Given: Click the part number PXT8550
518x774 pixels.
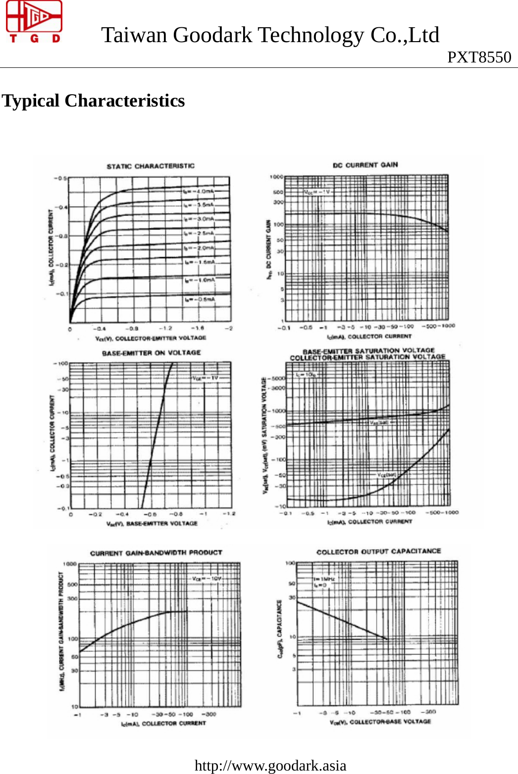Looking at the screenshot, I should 479,57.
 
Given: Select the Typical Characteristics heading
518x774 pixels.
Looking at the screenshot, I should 94,101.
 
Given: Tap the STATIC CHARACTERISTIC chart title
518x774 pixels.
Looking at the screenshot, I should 151,166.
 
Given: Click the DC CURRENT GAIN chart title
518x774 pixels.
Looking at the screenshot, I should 365,165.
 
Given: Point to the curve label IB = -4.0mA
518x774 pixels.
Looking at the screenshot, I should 198,191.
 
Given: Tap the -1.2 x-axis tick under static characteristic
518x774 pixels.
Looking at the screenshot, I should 165,328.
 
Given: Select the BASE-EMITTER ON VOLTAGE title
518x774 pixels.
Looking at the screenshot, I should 151,353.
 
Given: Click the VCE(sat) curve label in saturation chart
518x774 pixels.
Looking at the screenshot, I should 387,475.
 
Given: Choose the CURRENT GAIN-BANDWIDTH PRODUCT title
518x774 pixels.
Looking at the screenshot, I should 156,553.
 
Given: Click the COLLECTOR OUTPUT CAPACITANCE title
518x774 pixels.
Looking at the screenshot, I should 378,551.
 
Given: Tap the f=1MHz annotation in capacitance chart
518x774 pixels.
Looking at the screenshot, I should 324,579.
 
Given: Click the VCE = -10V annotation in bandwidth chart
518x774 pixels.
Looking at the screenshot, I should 207,578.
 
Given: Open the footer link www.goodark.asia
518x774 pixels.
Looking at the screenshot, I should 270,766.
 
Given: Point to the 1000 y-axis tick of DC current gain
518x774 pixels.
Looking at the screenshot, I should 276,177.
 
